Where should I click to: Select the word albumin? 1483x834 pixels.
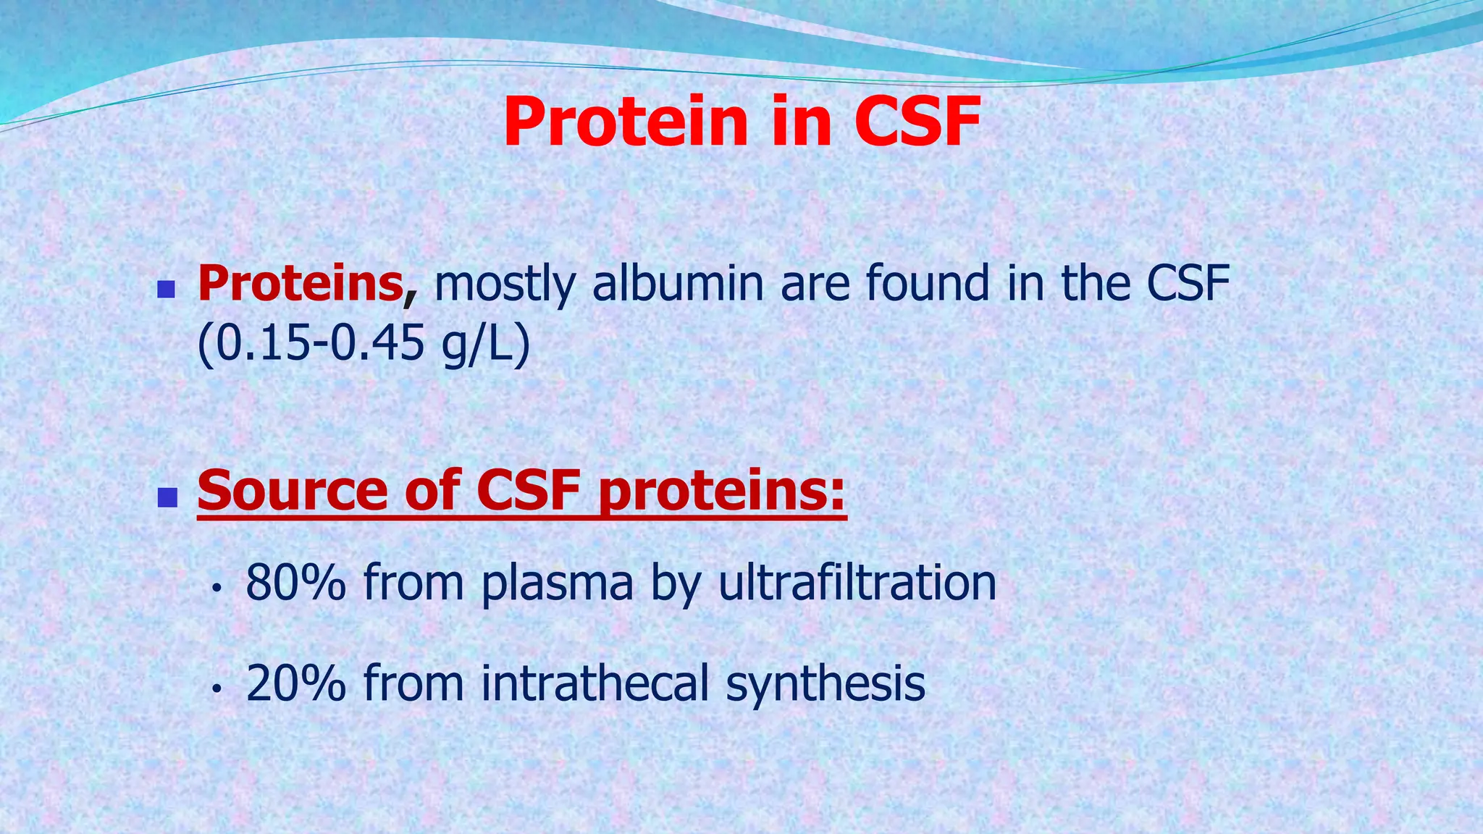pos(678,283)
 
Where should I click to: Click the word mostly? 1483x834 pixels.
pos(505,285)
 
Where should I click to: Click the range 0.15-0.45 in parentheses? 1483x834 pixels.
pos(321,344)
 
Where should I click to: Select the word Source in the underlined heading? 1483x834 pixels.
pos(293,491)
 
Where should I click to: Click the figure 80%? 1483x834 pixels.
pos(295,582)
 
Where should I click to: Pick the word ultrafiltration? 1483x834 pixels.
pos(857,582)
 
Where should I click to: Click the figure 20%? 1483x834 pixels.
pos(295,683)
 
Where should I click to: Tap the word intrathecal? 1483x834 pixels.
pos(595,683)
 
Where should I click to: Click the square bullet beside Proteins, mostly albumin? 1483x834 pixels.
pos(167,290)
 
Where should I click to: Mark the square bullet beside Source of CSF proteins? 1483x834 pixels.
pos(167,497)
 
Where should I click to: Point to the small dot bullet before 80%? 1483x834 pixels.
pos(215,589)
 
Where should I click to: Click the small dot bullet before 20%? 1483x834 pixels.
pos(215,690)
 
